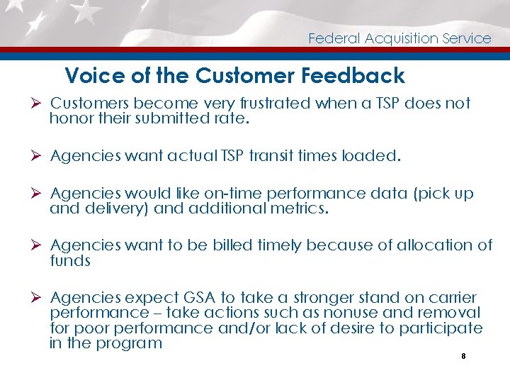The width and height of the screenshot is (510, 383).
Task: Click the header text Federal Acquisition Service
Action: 399,38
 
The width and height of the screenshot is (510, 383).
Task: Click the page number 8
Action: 463,357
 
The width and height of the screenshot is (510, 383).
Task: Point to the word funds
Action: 70,261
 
